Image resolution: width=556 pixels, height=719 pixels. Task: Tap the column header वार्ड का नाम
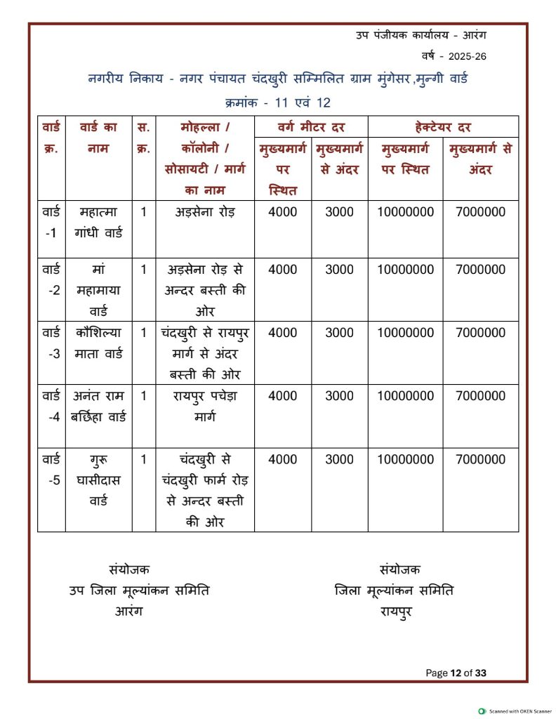tap(98, 138)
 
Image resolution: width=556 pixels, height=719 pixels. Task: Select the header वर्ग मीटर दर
tap(311, 127)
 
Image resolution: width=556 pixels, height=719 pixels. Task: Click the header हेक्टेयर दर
tap(443, 127)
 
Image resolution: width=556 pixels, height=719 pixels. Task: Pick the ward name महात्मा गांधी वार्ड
tap(98, 222)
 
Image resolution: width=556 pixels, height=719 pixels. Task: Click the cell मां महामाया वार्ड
tap(98, 290)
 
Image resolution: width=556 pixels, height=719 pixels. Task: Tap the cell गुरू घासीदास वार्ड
tap(98, 481)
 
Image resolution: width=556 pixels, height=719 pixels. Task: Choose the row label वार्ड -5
tap(51, 470)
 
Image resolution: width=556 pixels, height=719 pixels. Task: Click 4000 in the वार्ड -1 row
tap(283, 212)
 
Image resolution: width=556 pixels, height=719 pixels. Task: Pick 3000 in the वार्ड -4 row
tap(340, 396)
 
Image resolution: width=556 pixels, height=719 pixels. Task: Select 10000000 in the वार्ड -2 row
tap(405, 270)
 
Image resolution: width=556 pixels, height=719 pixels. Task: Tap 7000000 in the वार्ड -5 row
tap(480, 460)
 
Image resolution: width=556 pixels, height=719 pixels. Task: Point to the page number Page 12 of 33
tap(456, 673)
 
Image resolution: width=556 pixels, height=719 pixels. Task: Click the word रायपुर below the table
tap(395, 612)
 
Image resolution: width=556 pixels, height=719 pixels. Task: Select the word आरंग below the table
tap(129, 612)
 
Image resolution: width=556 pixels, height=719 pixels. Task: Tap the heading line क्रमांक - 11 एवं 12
tap(278, 103)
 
